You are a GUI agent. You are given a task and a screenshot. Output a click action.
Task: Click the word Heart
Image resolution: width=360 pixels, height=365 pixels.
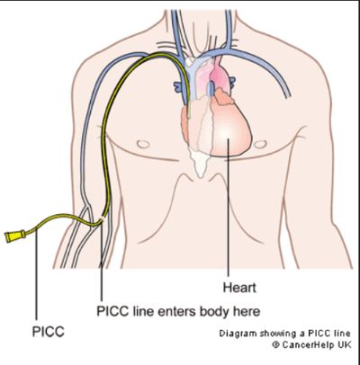239,288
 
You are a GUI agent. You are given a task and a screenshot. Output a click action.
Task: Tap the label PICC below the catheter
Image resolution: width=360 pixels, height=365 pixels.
49,332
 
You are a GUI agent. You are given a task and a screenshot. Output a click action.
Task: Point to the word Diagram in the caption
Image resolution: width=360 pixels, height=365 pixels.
234,334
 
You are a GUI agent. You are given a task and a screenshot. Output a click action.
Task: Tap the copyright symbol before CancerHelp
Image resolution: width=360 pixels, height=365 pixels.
276,345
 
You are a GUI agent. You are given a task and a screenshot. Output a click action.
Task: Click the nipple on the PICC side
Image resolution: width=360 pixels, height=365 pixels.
143,144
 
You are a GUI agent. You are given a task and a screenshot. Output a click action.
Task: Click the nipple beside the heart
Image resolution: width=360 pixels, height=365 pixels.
259,145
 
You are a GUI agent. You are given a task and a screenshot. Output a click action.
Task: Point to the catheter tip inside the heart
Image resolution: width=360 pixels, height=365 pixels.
189,116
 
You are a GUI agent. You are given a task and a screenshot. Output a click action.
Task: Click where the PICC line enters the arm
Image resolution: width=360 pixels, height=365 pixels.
103,219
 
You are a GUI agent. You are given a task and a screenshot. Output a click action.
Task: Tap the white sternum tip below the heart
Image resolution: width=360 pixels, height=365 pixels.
200,173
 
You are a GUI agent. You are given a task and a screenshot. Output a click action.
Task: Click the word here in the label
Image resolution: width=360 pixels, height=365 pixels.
247,312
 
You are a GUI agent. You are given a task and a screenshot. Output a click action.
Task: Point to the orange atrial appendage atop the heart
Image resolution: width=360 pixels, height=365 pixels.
223,97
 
